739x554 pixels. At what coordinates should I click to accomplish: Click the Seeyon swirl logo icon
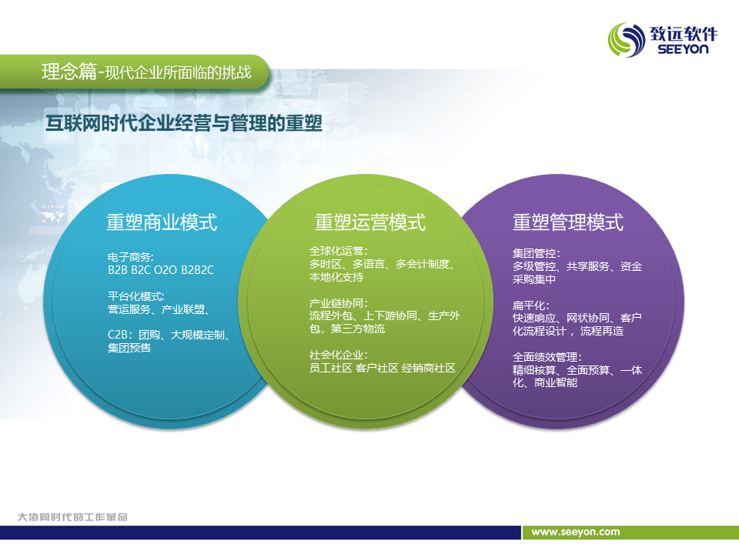(627, 40)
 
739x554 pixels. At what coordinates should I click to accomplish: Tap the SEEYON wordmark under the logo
(683, 49)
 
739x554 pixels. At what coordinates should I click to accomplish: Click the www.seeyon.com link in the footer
(576, 532)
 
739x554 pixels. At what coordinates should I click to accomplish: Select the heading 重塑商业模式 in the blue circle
(162, 222)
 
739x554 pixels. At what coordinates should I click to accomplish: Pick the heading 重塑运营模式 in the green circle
(370, 222)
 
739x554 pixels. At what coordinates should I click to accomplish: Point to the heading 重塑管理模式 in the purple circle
(568, 222)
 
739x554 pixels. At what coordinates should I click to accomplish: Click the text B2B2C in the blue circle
(198, 270)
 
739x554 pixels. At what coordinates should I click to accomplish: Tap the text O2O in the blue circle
(166, 270)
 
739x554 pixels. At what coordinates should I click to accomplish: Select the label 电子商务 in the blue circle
(129, 257)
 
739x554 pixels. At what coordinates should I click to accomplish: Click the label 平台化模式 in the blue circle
(135, 295)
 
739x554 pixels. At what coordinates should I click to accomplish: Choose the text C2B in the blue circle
(118, 335)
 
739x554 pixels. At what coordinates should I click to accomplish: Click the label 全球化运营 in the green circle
(336, 251)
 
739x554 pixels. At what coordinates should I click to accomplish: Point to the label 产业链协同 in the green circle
(336, 303)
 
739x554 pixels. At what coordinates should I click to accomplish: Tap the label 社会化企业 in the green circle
(336, 355)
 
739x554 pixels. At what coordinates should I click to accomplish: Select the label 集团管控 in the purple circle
(534, 253)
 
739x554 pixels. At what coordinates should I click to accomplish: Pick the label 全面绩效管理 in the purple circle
(545, 357)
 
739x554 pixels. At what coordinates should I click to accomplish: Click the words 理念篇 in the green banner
(69, 72)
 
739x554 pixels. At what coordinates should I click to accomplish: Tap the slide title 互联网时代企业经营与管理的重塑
(184, 123)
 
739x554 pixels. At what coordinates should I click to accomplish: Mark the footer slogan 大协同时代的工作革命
(72, 517)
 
